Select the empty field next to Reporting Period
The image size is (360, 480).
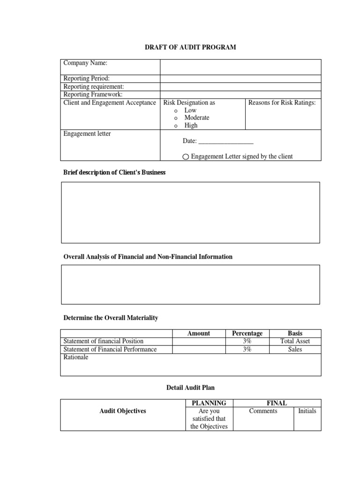pyautogui.click(x=240, y=79)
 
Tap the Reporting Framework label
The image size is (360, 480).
pyautogui.click(x=93, y=94)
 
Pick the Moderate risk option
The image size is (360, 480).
pyautogui.click(x=196, y=118)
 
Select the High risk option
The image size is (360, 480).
pyautogui.click(x=191, y=125)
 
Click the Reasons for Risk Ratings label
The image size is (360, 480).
pyautogui.click(x=282, y=103)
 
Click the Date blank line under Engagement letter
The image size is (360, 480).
pyautogui.click(x=226, y=141)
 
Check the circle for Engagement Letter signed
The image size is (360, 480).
pyautogui.click(x=186, y=157)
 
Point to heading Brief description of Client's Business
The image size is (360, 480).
pyautogui.click(x=114, y=172)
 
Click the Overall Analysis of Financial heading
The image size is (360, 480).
pyautogui.click(x=148, y=257)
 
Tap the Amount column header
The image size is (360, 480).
pyautogui.click(x=199, y=333)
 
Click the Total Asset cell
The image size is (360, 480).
pyautogui.click(x=295, y=341)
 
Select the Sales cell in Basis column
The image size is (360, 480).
pyautogui.click(x=295, y=349)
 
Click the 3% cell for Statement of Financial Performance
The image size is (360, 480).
pyautogui.click(x=247, y=349)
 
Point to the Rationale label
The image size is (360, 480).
pyautogui.click(x=75, y=357)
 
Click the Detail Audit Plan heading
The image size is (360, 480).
pyautogui.click(x=191, y=388)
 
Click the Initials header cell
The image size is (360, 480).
pyautogui.click(x=307, y=411)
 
